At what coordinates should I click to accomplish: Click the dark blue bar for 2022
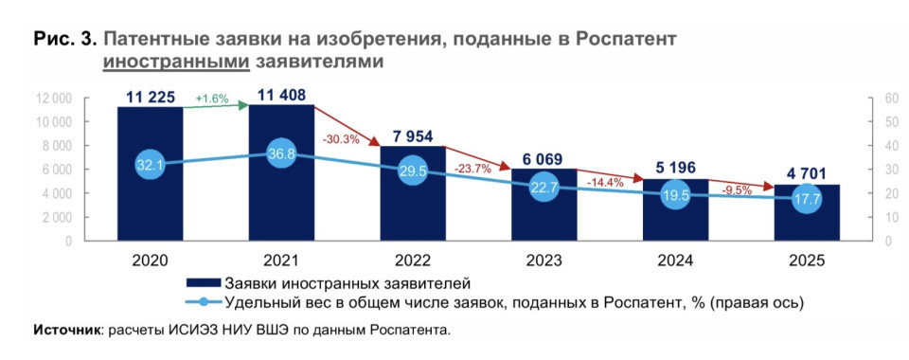click(x=413, y=193)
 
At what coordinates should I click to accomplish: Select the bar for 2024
click(x=675, y=210)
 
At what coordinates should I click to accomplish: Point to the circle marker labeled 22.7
click(x=544, y=187)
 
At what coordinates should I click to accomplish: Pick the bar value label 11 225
click(x=151, y=97)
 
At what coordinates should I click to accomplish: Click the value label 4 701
click(x=807, y=174)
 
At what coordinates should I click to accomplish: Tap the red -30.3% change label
click(x=340, y=139)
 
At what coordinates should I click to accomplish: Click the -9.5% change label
click(x=737, y=190)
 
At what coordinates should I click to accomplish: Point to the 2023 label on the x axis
click(x=544, y=261)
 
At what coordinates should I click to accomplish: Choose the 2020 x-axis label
click(x=151, y=261)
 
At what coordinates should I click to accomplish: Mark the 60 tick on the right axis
click(x=892, y=99)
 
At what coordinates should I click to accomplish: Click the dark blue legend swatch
click(x=204, y=283)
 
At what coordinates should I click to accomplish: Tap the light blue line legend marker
click(x=204, y=301)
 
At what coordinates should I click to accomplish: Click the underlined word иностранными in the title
click(x=177, y=62)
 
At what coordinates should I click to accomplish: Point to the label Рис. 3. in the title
click(x=65, y=40)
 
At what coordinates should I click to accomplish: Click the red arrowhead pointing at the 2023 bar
click(x=506, y=167)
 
